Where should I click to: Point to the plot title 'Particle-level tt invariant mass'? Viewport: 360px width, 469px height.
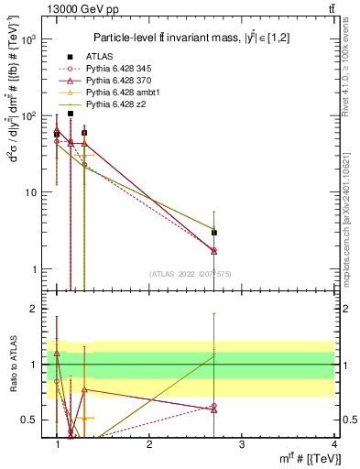[183, 37]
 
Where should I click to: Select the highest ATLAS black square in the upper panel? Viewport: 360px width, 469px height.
[71, 114]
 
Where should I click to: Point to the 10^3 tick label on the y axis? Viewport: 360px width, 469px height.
[29, 40]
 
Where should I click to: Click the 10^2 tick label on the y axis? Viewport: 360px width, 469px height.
[29, 116]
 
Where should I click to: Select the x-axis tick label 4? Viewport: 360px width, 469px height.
[334, 444]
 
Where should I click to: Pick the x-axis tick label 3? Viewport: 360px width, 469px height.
[242, 444]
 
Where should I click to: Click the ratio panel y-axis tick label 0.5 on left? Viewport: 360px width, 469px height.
[28, 420]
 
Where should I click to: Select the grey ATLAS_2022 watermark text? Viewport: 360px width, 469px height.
[190, 274]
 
